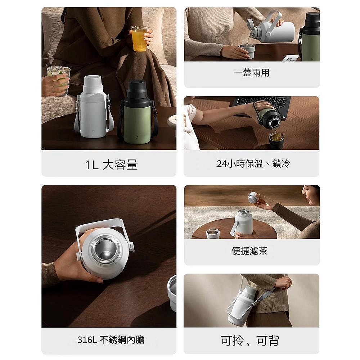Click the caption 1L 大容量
(111, 165)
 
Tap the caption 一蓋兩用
(251, 73)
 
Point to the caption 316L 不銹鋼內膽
(111, 339)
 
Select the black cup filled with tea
(276, 140)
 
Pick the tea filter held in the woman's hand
(253, 197)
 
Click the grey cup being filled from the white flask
(247, 51)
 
